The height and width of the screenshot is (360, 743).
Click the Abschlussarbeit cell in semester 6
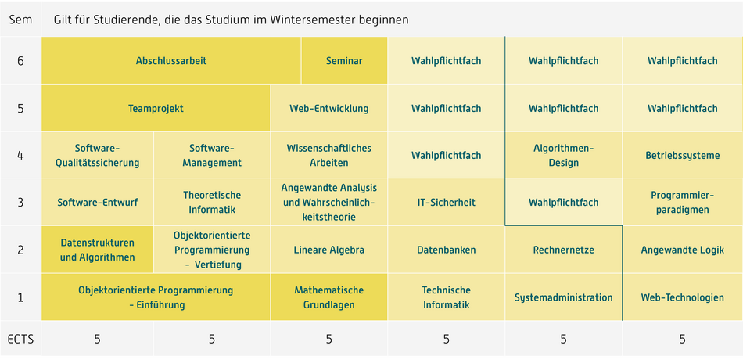click(x=171, y=61)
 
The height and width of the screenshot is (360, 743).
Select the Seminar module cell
click(x=344, y=61)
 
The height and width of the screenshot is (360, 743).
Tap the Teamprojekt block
click(x=156, y=108)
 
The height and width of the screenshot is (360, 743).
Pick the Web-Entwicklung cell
click(x=328, y=108)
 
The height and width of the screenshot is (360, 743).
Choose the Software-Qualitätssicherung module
click(x=98, y=155)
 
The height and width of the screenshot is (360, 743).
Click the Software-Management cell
click(x=212, y=155)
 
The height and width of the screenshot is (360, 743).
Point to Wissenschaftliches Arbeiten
click(x=328, y=155)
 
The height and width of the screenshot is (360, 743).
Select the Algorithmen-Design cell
click(x=563, y=155)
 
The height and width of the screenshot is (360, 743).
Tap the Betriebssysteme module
click(x=682, y=155)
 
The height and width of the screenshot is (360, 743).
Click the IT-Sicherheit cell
click(x=446, y=203)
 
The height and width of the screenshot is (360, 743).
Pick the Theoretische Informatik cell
click(x=212, y=203)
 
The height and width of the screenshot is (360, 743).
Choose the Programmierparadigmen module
click(x=682, y=203)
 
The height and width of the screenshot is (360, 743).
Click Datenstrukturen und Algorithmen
click(x=98, y=250)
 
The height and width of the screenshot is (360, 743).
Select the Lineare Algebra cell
click(x=328, y=250)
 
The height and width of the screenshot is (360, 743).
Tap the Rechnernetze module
click(x=563, y=250)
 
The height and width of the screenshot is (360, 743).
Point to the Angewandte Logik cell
click(x=682, y=250)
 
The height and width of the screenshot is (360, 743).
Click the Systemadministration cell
click(x=563, y=297)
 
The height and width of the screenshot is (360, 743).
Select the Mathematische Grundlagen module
click(x=328, y=297)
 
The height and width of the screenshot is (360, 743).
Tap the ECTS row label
click(x=20, y=339)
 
